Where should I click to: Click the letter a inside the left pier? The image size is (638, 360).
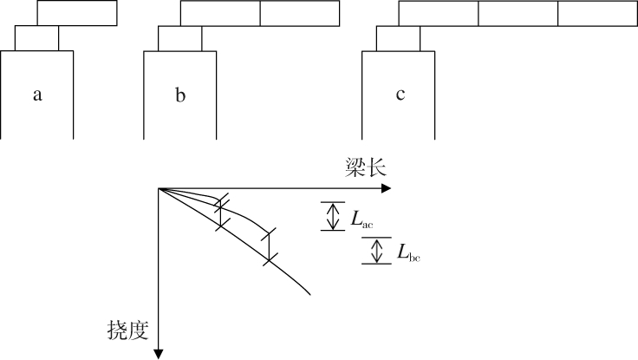click(x=37, y=95)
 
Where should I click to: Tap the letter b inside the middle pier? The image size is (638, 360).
click(x=180, y=95)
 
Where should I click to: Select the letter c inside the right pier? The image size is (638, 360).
click(x=400, y=95)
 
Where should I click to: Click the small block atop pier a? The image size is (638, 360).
click(x=36, y=38)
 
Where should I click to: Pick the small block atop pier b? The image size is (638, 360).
click(x=179, y=38)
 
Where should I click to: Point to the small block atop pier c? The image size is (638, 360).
click(x=398, y=38)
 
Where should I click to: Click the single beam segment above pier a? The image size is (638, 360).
click(x=77, y=13)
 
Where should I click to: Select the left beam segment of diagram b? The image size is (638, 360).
click(x=220, y=13)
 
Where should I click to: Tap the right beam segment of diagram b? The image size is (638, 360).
click(x=300, y=13)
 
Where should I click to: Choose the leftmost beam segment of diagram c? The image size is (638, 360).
click(x=439, y=13)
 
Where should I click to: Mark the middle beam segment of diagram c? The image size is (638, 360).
click(x=518, y=13)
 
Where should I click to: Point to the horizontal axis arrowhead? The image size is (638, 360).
click(x=388, y=188)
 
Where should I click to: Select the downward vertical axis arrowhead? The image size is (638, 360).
click(x=159, y=351)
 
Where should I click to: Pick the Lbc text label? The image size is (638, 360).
click(x=409, y=253)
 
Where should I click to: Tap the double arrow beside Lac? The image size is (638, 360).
click(x=332, y=216)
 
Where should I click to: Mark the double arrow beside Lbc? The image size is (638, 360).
click(x=376, y=251)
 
